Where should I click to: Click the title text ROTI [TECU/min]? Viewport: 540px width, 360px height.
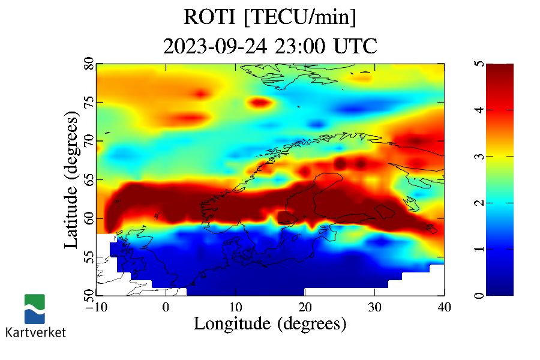270,17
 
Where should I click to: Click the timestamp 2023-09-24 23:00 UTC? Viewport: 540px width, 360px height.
270,46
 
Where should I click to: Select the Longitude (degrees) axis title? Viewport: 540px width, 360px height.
270,324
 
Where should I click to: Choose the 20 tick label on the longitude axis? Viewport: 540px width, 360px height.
305,306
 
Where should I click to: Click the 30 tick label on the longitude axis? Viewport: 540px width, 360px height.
374,306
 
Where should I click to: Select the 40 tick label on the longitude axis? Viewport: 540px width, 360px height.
444,306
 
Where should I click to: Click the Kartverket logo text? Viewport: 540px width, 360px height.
35,332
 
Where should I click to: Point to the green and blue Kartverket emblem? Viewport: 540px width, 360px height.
35,308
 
